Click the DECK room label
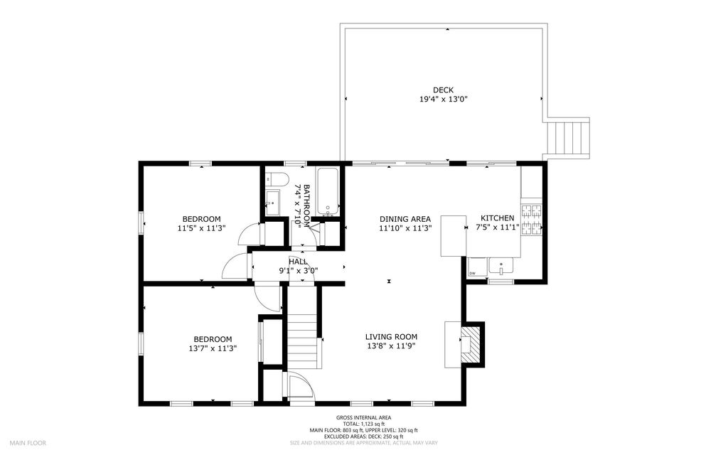(x=443, y=90)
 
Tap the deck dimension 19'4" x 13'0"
(x=443, y=99)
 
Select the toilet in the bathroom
(x=277, y=178)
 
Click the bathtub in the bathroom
(x=328, y=192)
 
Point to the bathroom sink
(x=272, y=203)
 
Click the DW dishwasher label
(x=472, y=273)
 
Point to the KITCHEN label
(x=497, y=218)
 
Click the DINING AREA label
(x=405, y=219)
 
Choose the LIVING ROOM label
(x=391, y=337)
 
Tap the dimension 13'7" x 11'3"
(x=210, y=348)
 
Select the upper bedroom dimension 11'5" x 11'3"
(x=201, y=228)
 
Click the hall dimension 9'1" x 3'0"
(x=298, y=271)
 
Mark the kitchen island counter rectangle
(x=454, y=236)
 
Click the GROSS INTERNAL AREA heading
(x=363, y=418)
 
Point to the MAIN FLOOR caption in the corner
(x=28, y=443)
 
